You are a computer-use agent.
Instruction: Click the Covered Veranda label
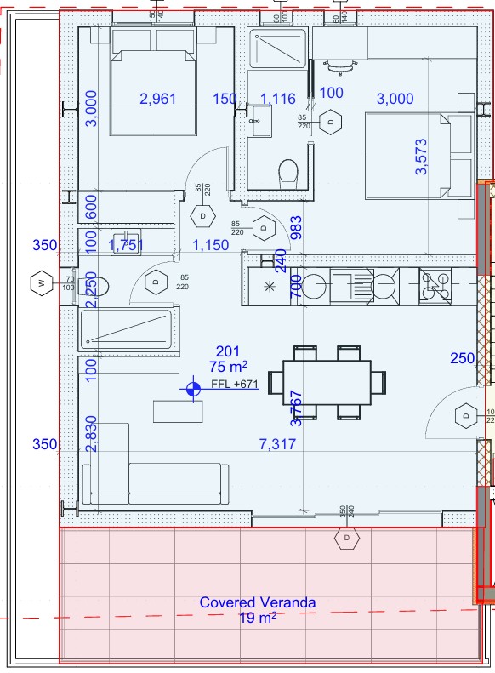coord(257,602)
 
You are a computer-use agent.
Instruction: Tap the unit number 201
coord(227,351)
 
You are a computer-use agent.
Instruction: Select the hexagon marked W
coord(40,282)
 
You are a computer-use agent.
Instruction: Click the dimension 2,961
coord(157,100)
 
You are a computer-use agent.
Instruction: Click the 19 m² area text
coord(257,619)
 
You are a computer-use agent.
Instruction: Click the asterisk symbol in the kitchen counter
coord(270,287)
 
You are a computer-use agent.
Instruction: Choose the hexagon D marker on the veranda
coord(347,539)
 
